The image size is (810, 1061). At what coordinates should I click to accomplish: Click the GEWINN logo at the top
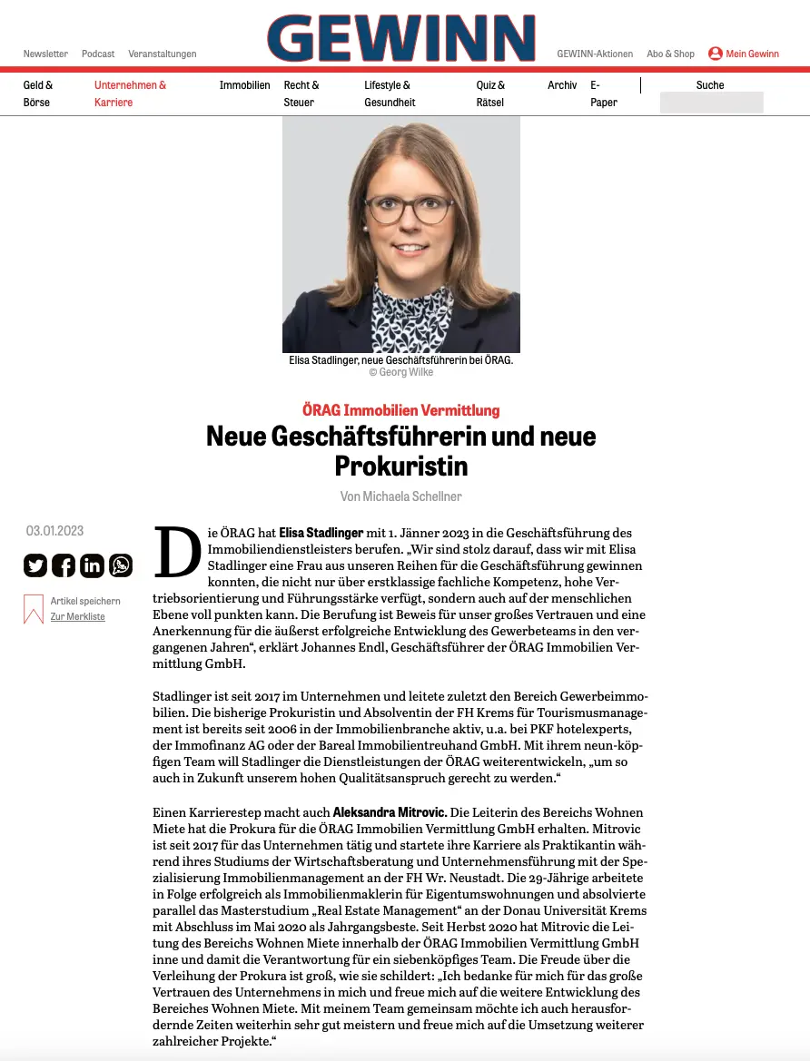(400, 38)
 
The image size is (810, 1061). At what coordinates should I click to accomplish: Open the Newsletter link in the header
(45, 54)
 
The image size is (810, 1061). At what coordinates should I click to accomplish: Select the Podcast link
(98, 54)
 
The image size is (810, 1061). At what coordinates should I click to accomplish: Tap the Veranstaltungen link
(163, 54)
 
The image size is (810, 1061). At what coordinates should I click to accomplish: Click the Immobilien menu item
(244, 85)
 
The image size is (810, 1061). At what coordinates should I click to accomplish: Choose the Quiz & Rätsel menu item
(490, 93)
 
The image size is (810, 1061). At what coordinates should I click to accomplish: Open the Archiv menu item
(562, 85)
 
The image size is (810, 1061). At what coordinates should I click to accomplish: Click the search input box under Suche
(711, 103)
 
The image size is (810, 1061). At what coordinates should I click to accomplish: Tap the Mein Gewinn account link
(744, 54)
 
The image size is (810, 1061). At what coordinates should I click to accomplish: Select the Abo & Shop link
(670, 54)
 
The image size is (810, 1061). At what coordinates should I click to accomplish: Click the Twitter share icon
(35, 565)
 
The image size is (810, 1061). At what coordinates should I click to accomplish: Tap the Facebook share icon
(64, 565)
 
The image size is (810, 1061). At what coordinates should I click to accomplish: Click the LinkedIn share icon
(92, 565)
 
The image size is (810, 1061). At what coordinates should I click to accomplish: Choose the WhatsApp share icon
(121, 565)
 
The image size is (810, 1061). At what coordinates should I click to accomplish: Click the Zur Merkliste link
(77, 617)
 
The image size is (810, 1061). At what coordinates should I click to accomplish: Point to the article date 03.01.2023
(54, 531)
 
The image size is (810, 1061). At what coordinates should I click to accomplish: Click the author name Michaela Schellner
(413, 496)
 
